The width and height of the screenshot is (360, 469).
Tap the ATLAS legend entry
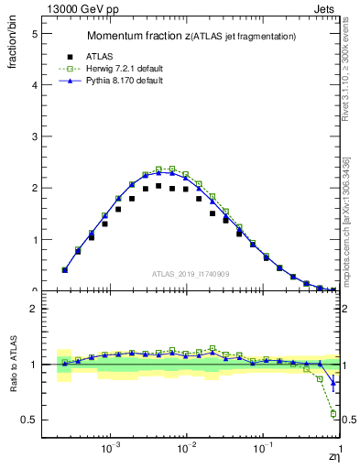123,56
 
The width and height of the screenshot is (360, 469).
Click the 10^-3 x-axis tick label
112,450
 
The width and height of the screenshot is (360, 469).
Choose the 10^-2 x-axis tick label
187,450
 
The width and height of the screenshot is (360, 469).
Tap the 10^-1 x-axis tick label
264,450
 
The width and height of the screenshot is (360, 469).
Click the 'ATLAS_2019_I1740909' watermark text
191,274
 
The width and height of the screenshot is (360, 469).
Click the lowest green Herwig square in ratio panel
333,413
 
